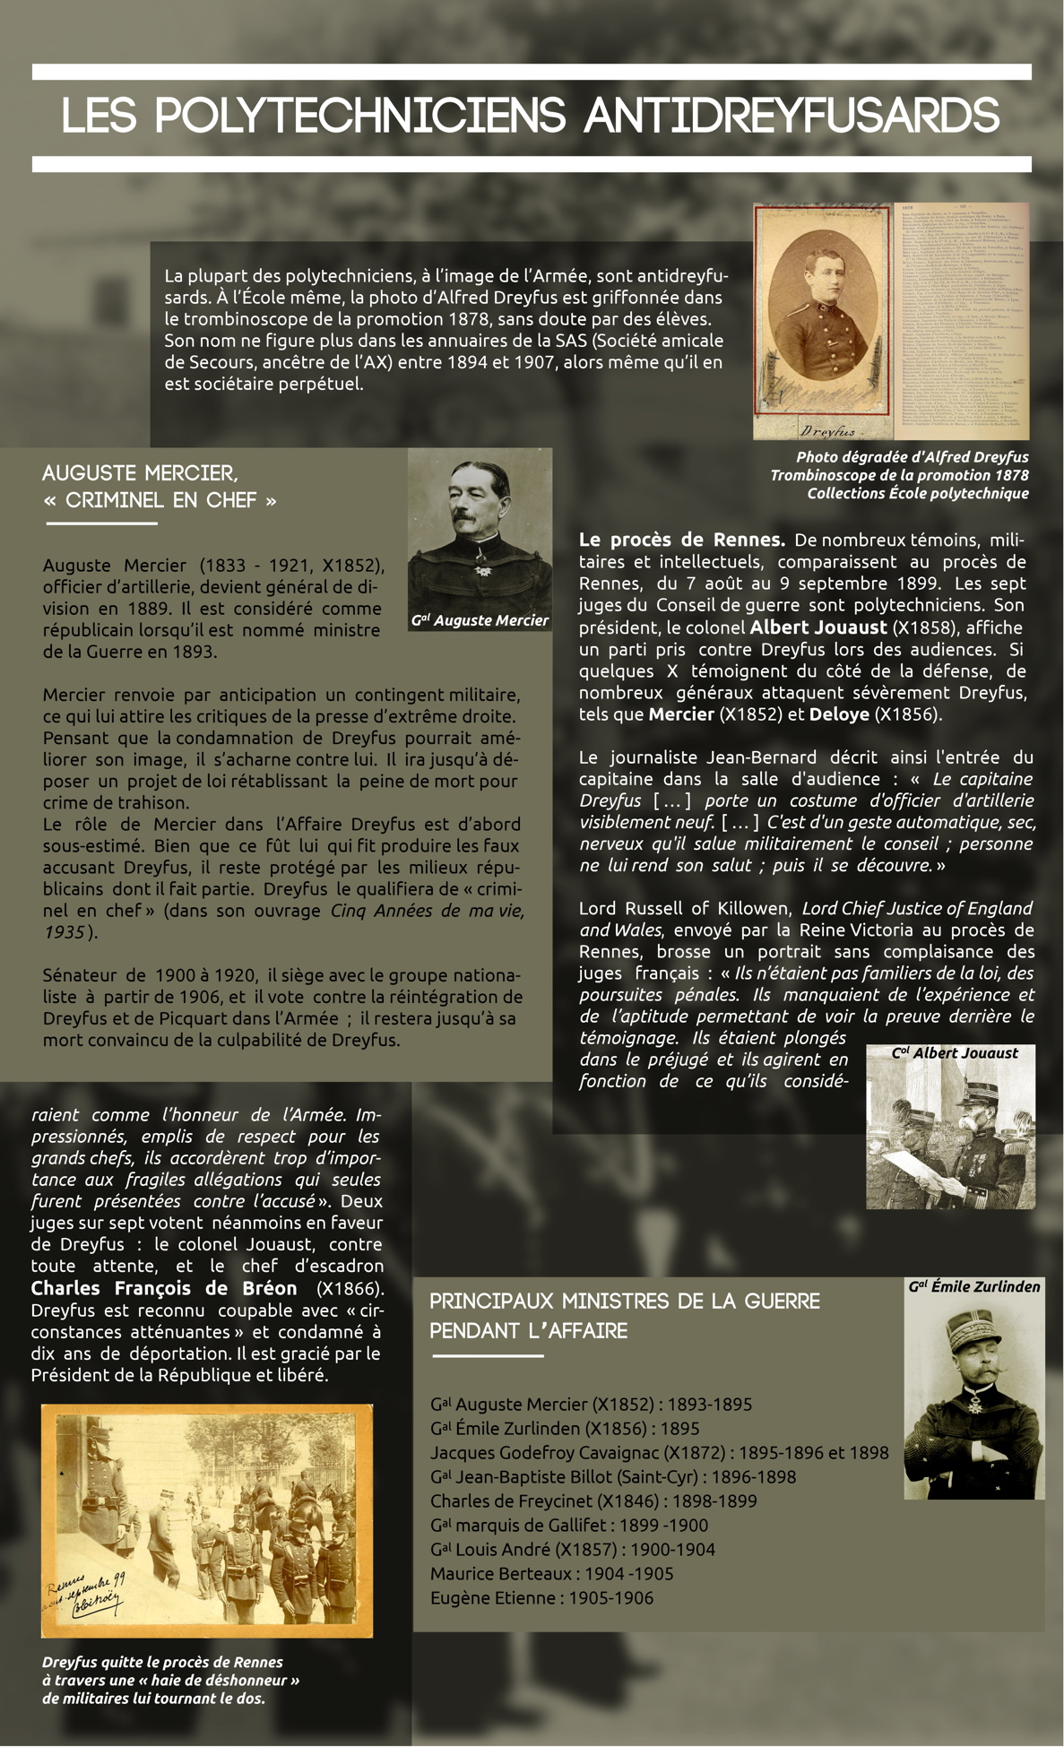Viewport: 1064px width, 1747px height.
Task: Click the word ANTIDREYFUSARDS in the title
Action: click(792, 116)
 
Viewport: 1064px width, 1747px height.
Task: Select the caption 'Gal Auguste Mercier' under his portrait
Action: click(480, 620)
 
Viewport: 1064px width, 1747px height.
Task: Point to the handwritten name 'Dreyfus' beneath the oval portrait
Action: click(826, 431)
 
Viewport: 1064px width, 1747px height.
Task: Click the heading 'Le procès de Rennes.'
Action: click(681, 540)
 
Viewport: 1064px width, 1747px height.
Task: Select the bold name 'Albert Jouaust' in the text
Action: click(817, 627)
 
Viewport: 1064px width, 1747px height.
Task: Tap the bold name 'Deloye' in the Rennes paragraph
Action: click(839, 714)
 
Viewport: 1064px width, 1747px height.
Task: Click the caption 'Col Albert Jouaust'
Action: click(955, 1053)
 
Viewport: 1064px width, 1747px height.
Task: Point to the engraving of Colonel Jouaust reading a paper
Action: click(950, 1134)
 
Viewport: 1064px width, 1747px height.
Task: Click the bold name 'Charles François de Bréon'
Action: click(164, 1288)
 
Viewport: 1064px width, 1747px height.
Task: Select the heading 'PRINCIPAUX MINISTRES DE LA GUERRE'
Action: click(625, 1301)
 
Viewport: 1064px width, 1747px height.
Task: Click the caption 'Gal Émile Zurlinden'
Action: click(973, 1286)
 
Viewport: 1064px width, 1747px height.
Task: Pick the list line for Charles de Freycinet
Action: click(593, 1501)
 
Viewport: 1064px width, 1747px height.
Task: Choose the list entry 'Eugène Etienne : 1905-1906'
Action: click(541, 1597)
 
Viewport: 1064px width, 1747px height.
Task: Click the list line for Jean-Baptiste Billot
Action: click(612, 1476)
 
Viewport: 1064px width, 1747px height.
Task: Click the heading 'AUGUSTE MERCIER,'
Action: click(140, 472)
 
